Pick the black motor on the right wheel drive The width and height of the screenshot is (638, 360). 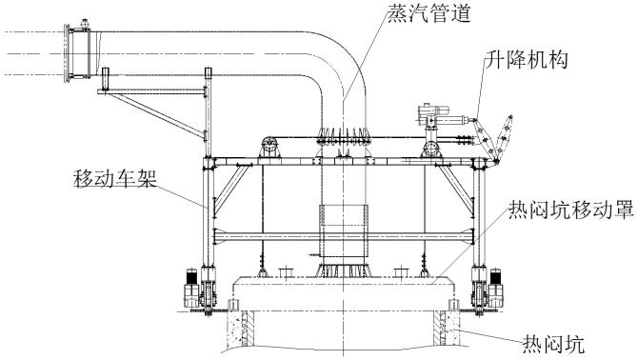click(x=495, y=283)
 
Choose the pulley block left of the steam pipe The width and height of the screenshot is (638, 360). click(x=269, y=149)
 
